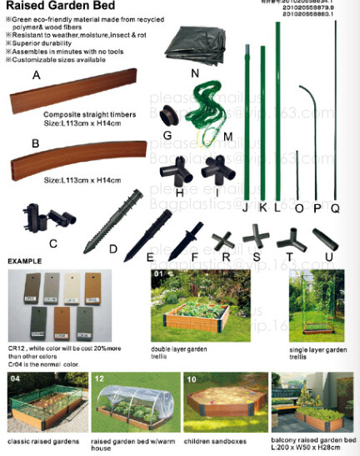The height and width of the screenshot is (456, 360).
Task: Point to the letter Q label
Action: pos(336,208)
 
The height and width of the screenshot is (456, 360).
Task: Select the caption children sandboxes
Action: pos(215,439)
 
